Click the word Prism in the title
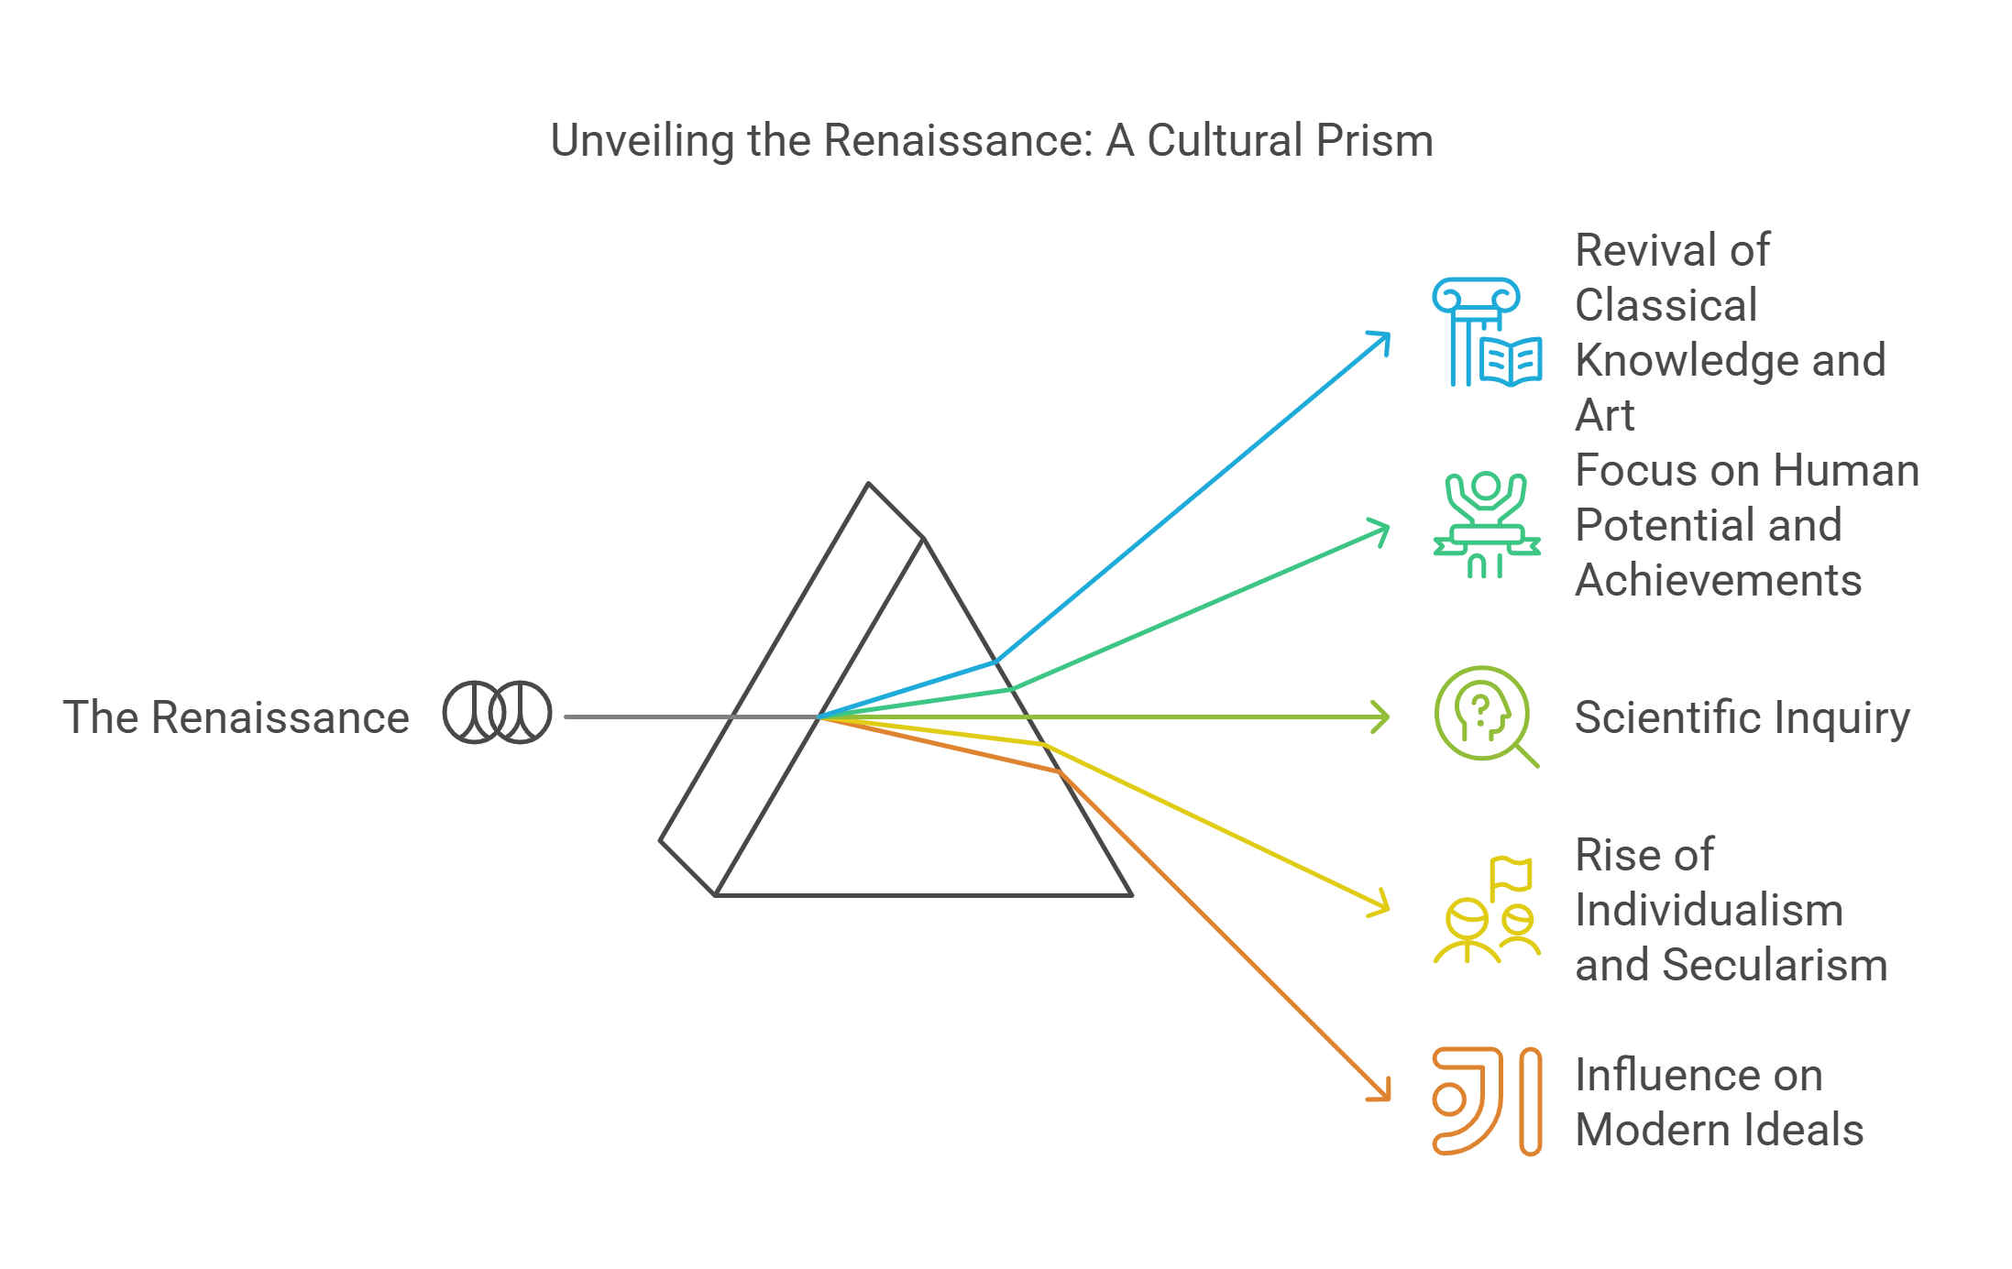[x=1374, y=141]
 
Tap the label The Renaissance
[x=236, y=717]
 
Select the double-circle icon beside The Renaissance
[x=497, y=712]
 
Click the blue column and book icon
[x=1486, y=332]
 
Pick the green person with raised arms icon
[x=1486, y=525]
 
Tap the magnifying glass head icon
[x=1486, y=716]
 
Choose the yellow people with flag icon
[x=1486, y=910]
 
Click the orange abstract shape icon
[x=1486, y=1100]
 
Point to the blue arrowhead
[x=1383, y=339]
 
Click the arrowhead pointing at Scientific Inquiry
[x=1382, y=717]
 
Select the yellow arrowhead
[x=1382, y=906]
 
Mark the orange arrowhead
[x=1383, y=1092]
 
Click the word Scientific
[x=1655, y=717]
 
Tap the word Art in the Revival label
[x=1604, y=415]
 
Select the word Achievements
[x=1718, y=580]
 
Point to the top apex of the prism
[x=869, y=484]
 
